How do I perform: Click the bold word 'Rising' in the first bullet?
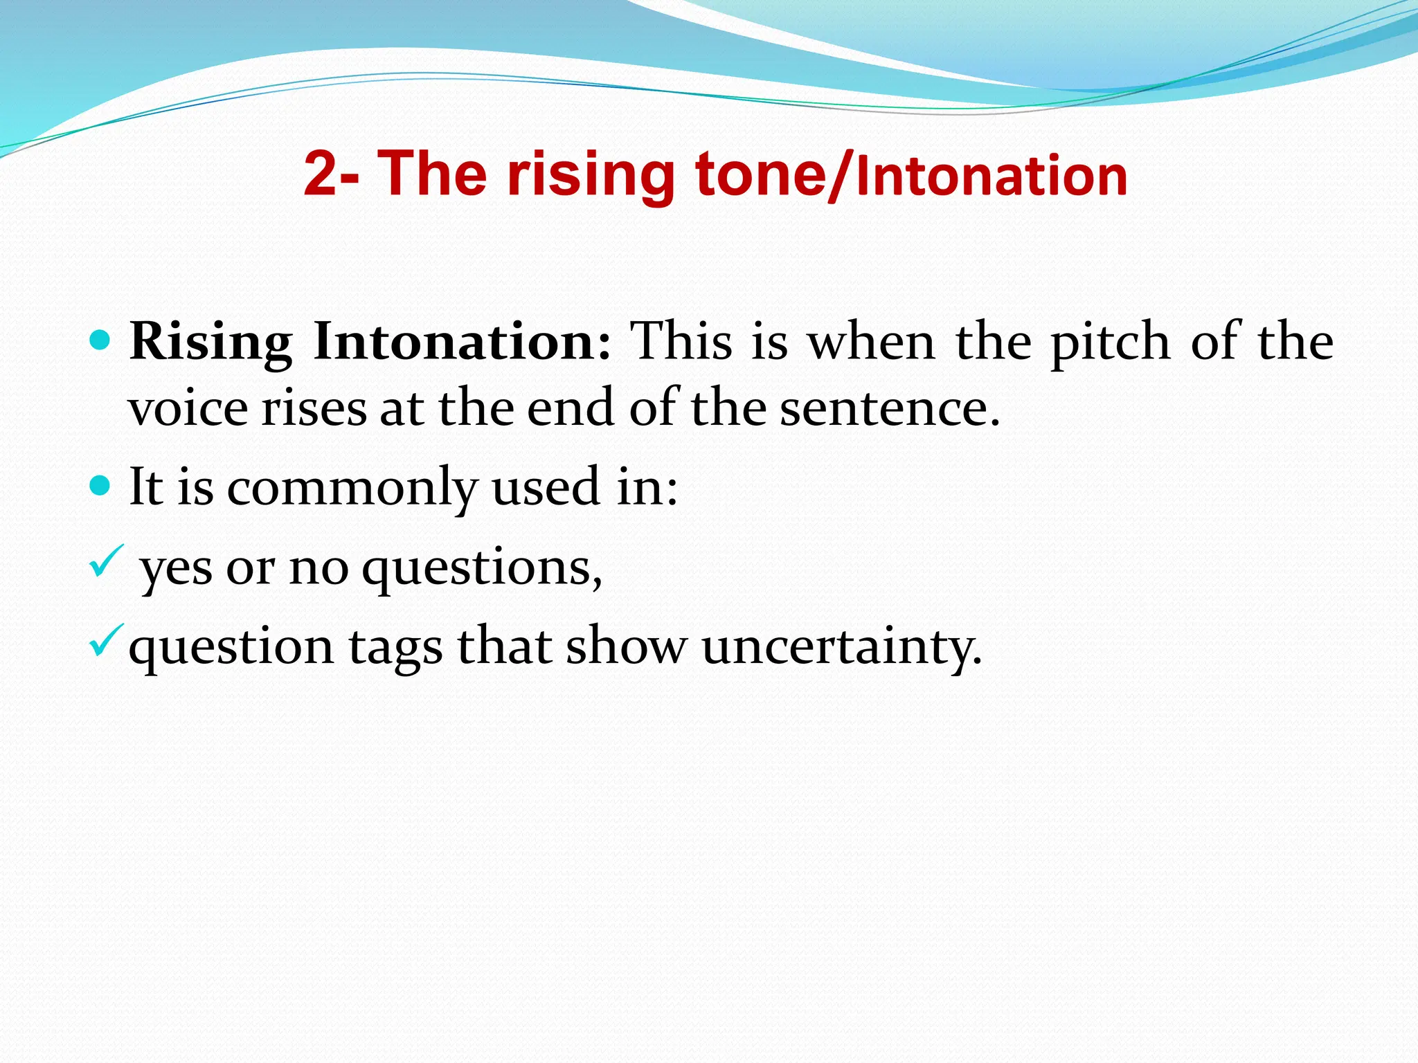[x=210, y=342]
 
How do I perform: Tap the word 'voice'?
[x=188, y=408]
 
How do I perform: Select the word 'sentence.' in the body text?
[x=890, y=408]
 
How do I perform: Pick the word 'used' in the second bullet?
[x=544, y=487]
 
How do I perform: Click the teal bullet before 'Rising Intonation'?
[x=100, y=340]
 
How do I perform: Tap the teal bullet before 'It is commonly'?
[x=100, y=485]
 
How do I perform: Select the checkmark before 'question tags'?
[x=106, y=640]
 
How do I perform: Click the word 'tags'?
[x=395, y=647]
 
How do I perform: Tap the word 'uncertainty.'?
[x=841, y=647]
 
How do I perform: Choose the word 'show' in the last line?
[x=626, y=647]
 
